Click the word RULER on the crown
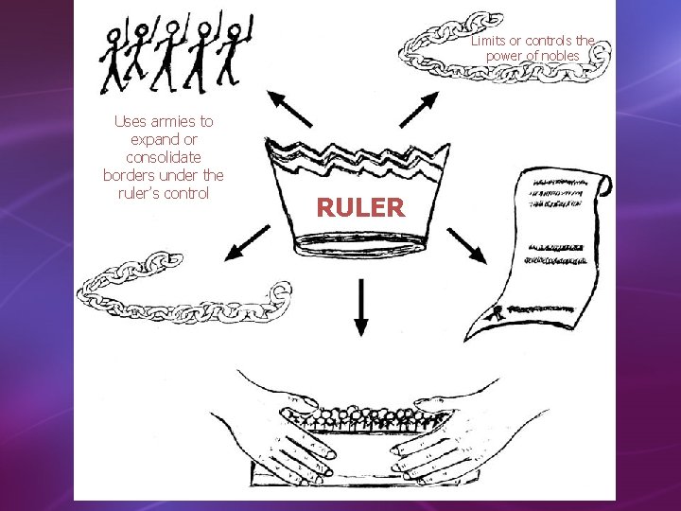click(360, 207)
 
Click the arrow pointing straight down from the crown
click(360, 308)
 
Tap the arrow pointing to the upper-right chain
click(418, 109)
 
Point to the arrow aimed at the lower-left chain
click(247, 245)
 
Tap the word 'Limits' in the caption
click(489, 41)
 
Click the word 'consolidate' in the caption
click(164, 157)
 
